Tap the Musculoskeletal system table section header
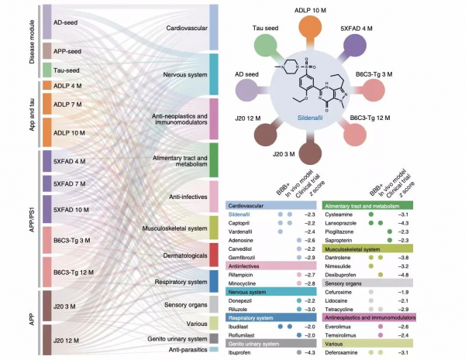click(364, 249)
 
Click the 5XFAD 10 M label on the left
click(71, 210)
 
